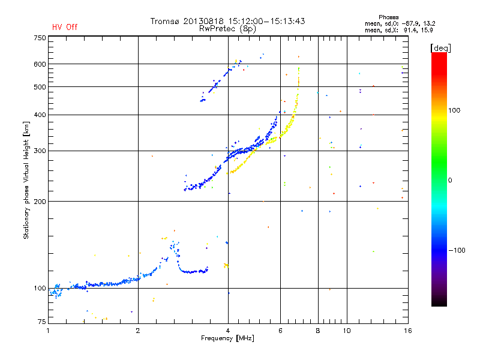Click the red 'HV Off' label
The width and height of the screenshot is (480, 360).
pos(64,27)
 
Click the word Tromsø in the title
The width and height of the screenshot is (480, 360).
pos(167,21)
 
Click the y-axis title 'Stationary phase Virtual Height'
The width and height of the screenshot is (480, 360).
pos(26,180)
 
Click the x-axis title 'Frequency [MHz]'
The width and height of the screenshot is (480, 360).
pos(227,339)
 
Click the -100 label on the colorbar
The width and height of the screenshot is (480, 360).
pos(458,250)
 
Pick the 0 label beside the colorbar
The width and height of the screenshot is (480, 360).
pos(451,180)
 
